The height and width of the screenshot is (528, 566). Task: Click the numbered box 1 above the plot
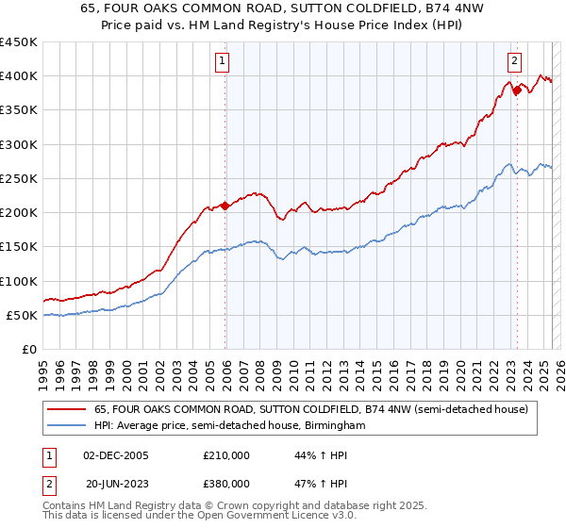coord(222,62)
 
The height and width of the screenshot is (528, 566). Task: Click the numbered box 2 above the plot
coord(514,62)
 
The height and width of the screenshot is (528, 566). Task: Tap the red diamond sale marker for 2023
coord(517,91)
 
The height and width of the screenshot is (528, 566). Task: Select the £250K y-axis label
coord(20,179)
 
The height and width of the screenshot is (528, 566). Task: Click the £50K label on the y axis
coord(24,316)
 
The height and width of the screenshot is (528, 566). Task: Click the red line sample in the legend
coord(68,409)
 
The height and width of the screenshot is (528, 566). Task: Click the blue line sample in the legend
coord(68,426)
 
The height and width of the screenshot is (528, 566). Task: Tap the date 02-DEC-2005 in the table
coord(116,455)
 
